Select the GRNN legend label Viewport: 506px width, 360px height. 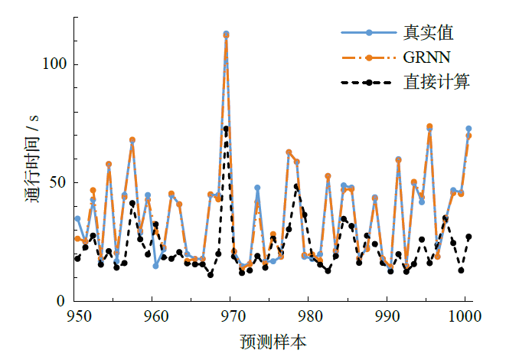click(426, 57)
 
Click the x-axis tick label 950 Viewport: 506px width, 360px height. click(77, 316)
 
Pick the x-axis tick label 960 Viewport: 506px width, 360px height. click(155, 316)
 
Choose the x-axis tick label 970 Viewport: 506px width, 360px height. click(233, 316)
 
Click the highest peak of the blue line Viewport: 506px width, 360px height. click(226, 34)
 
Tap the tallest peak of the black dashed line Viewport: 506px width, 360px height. click(226, 128)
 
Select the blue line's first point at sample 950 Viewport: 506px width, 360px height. click(77, 218)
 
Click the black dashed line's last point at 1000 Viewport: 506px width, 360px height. click(468, 237)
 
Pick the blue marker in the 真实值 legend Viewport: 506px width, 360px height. click(369, 33)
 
